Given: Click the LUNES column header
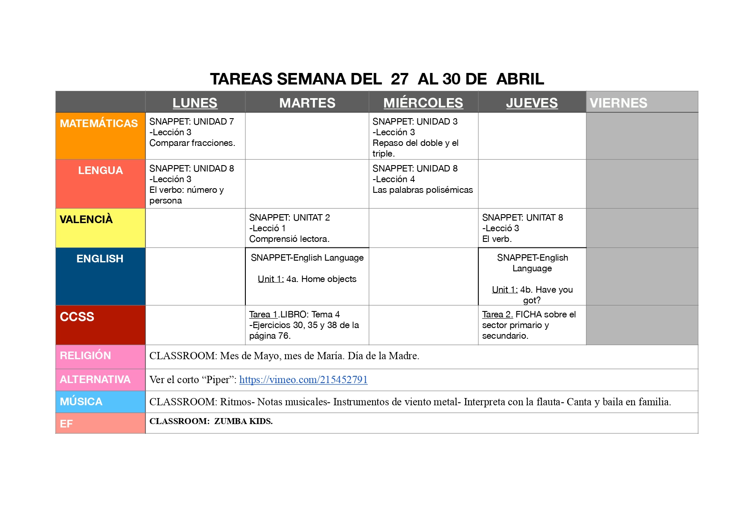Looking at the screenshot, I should point(195,103).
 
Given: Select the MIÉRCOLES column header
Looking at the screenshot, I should point(423,103).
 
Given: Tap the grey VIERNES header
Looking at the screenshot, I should point(618,103).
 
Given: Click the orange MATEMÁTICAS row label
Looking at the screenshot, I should point(99,123).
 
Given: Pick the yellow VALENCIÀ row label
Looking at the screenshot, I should point(86,219).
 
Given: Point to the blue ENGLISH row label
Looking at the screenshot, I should point(100,259).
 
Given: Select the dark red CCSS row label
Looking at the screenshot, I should point(77,317).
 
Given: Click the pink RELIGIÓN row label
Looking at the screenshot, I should point(85,355).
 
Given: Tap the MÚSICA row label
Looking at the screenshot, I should point(81,401).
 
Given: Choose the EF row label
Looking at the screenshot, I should point(66,424).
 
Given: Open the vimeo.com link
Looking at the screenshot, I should point(303,380).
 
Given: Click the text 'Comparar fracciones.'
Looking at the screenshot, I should point(192,143).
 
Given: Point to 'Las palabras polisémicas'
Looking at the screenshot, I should point(423,190).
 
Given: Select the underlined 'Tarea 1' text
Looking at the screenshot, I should point(263,314).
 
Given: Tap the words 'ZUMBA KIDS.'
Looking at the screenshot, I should point(243,421).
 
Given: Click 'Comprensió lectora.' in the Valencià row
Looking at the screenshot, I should point(289,239).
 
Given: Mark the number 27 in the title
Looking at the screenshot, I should point(399,79).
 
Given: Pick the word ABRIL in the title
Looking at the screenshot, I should point(520,79).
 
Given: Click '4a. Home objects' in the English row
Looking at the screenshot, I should point(321,279).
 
